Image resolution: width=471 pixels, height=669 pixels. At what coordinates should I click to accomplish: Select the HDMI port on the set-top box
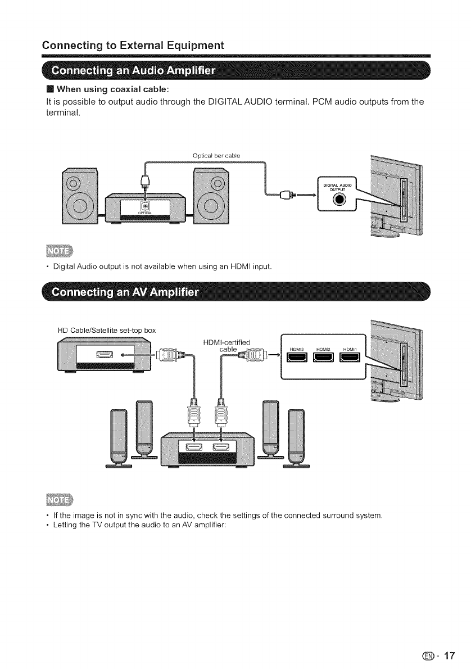coord(105,354)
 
